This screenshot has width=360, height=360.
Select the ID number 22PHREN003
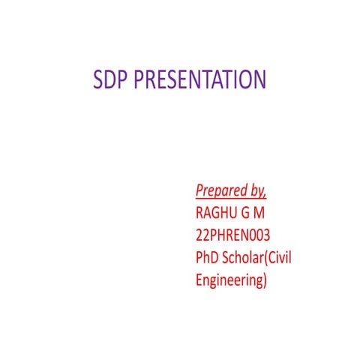coord(232,235)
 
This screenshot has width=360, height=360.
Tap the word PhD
coord(207,259)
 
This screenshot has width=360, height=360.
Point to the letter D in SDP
coord(109,79)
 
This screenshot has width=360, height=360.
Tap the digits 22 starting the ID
coord(200,235)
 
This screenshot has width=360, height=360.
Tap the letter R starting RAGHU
coord(199,211)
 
